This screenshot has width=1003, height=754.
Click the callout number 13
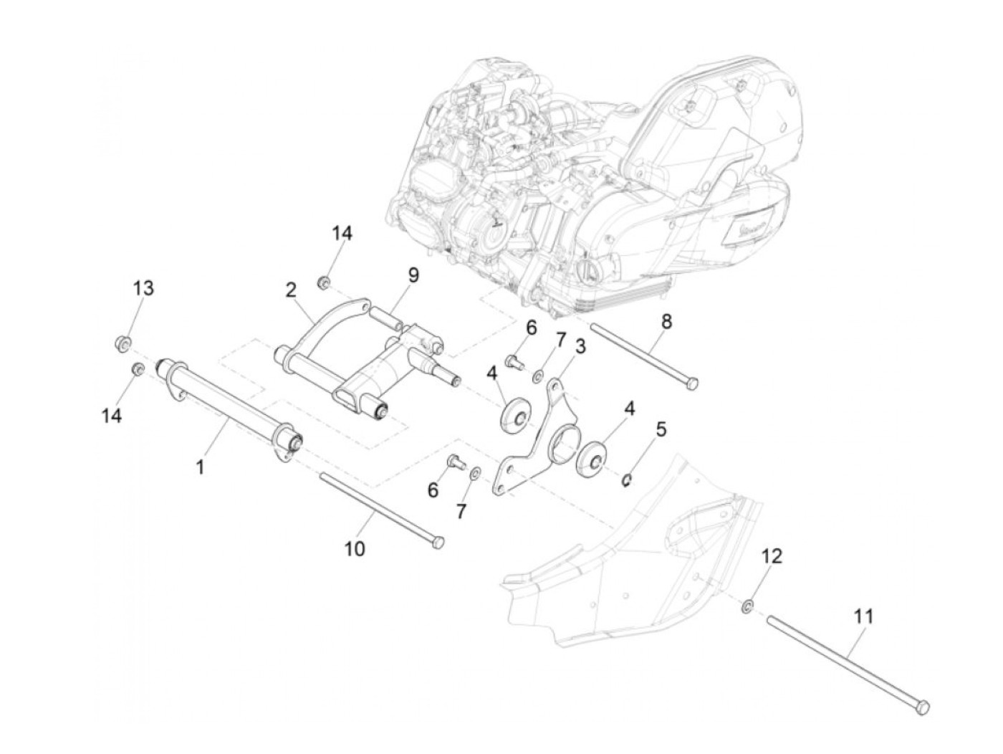pos(143,288)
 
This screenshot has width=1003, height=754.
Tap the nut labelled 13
pos(123,343)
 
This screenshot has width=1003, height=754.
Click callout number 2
pos(290,290)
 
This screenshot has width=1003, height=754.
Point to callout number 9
pos(413,275)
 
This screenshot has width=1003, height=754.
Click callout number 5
pos(661,429)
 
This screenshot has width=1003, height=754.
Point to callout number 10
pos(355,549)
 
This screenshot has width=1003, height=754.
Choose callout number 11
pos(864,615)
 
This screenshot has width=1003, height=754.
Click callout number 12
pos(772,555)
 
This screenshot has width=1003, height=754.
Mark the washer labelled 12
pos(747,608)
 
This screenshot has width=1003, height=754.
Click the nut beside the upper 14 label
pos(324,283)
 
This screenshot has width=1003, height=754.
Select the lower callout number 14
pos(112,415)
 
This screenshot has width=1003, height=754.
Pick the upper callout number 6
pos(531,328)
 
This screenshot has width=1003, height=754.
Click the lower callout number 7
pos(461,511)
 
